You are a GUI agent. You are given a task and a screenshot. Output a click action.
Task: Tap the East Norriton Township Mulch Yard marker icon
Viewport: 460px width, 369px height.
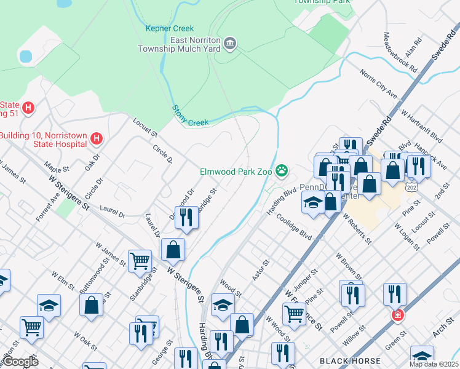click(x=230, y=42)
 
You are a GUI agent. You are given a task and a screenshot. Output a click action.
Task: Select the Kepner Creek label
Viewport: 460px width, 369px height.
click(x=170, y=28)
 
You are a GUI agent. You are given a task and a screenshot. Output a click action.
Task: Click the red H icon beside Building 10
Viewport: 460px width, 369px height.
click(x=95, y=139)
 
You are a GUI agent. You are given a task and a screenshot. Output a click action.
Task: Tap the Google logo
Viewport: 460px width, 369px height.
click(x=20, y=362)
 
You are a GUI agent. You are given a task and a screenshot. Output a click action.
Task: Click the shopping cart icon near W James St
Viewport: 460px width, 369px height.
click(x=140, y=261)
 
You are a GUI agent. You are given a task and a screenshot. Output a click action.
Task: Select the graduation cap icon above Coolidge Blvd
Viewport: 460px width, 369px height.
click(x=313, y=202)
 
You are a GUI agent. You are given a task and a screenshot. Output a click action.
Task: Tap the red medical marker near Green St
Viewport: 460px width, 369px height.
click(x=397, y=315)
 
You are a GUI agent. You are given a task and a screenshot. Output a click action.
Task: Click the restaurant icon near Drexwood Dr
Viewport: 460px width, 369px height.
click(x=186, y=216)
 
